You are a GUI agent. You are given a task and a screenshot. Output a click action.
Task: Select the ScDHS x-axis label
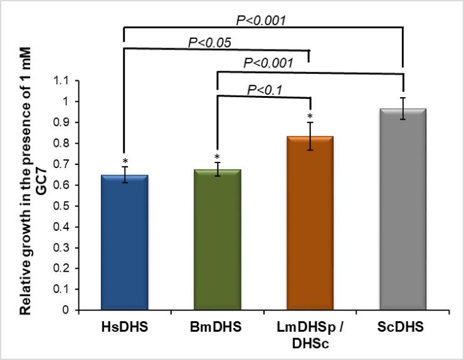[403, 327]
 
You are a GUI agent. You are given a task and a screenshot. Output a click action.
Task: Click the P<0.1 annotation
[266, 90]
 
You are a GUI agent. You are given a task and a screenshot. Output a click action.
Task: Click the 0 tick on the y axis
[65, 310]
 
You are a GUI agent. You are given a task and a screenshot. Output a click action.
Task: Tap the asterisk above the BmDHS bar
[218, 157]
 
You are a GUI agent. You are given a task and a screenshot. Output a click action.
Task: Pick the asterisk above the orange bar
[310, 117]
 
